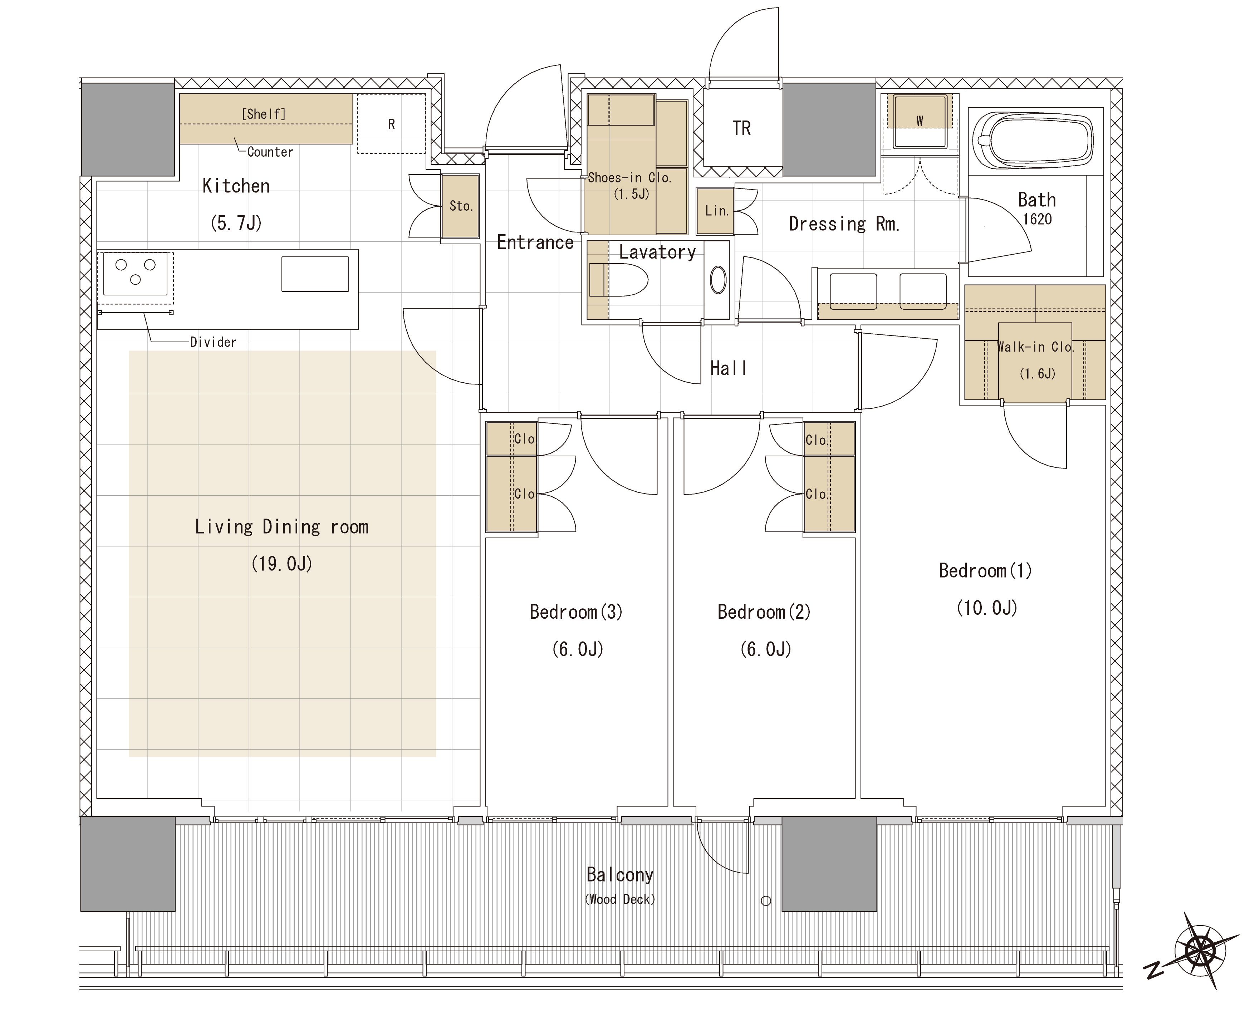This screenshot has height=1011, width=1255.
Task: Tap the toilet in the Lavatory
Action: pos(618,281)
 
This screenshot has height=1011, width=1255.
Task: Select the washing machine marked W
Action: pos(920,121)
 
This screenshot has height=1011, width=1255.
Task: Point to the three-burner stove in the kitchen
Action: pos(135,274)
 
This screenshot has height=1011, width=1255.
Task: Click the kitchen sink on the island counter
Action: pos(315,274)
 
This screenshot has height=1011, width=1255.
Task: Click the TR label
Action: pos(741,128)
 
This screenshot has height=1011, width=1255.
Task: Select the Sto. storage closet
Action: pos(460,206)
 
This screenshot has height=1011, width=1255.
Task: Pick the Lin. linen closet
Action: pos(716,211)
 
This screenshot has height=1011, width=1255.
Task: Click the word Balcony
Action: pos(620,875)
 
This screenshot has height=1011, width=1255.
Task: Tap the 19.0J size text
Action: pos(282,564)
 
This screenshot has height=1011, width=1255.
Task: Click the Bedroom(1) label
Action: pos(985,571)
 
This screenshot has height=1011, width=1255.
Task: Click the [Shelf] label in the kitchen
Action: pos(264,114)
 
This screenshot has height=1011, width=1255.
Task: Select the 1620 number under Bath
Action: pos(1037,220)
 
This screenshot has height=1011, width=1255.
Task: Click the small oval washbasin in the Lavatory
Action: pos(718,280)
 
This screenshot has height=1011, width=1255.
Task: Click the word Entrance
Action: pos(535,242)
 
